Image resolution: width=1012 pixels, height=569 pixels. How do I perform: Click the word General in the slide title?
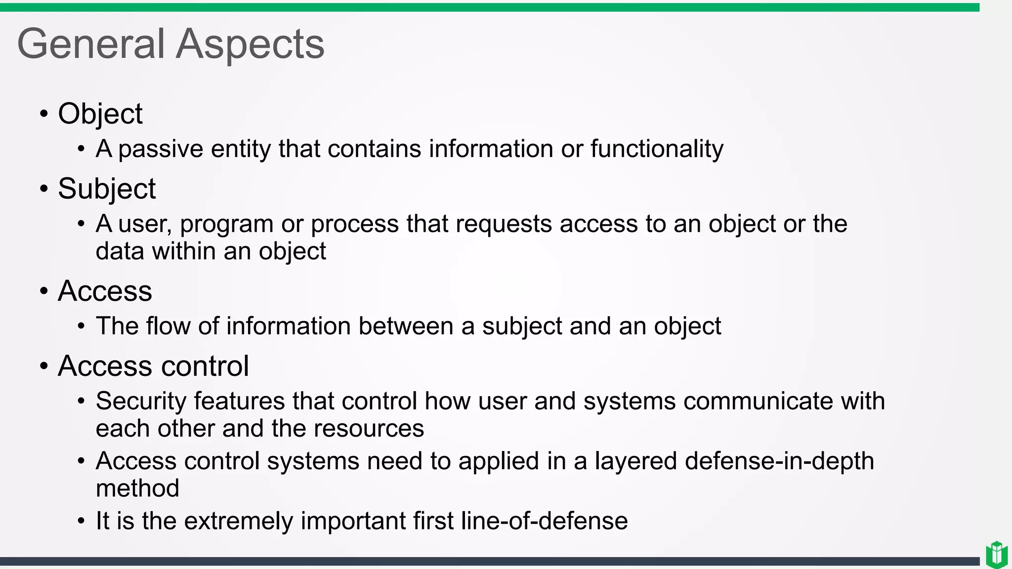pyautogui.click(x=90, y=44)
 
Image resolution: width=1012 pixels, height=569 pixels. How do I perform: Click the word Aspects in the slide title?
pyautogui.click(x=250, y=44)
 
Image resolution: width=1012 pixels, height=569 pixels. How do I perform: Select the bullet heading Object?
pyautogui.click(x=100, y=114)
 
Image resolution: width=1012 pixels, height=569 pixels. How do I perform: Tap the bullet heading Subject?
pyautogui.click(x=106, y=189)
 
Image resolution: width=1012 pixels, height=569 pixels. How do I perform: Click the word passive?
pyautogui.click(x=161, y=149)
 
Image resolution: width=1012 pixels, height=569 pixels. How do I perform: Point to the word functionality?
pyautogui.click(x=657, y=149)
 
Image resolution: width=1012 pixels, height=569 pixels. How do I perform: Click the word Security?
pyautogui.click(x=141, y=401)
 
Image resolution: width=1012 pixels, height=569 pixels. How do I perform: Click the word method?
pyautogui.click(x=137, y=488)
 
